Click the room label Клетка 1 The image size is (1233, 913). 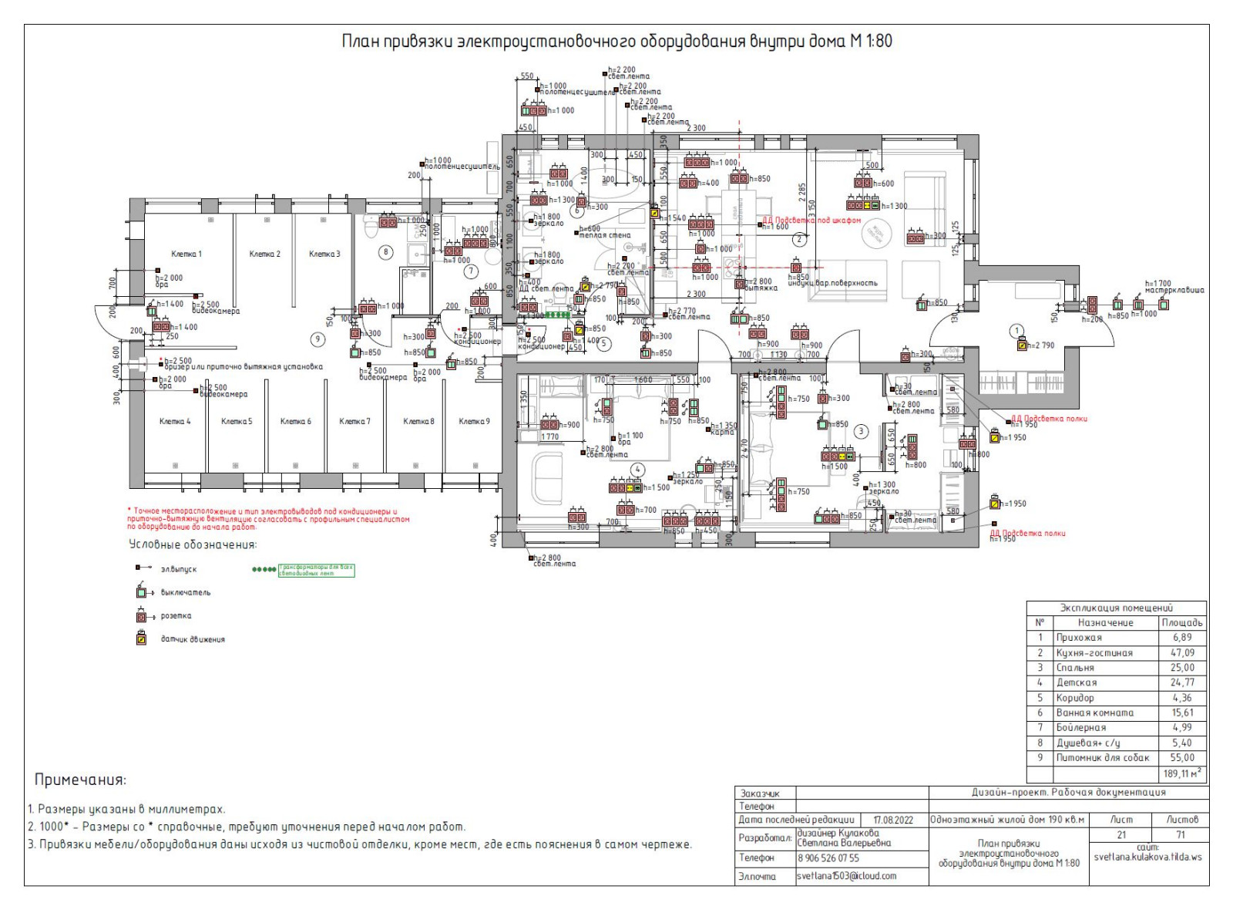pyautogui.click(x=186, y=254)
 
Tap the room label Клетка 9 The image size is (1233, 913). pyautogui.click(x=474, y=421)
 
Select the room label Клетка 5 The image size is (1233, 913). pyautogui.click(x=237, y=421)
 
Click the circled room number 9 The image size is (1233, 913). pyautogui.click(x=316, y=339)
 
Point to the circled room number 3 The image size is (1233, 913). pyautogui.click(x=862, y=432)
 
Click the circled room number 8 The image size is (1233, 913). pyautogui.click(x=386, y=251)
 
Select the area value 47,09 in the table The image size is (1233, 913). pyautogui.click(x=1182, y=652)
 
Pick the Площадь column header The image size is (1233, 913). pyautogui.click(x=1182, y=622)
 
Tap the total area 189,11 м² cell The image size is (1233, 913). pyautogui.click(x=1182, y=773)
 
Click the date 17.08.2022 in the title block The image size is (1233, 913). pyautogui.click(x=892, y=820)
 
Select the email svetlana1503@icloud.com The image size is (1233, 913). pyautogui.click(x=846, y=876)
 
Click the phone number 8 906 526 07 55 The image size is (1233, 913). pyautogui.click(x=828, y=857)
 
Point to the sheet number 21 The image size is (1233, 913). pyautogui.click(x=1121, y=834)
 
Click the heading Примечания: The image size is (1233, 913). pyautogui.click(x=80, y=780)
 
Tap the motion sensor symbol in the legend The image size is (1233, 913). pyautogui.click(x=141, y=638)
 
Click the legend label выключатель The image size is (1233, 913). pyautogui.click(x=186, y=592)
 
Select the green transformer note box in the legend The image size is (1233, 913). pyautogui.click(x=316, y=571)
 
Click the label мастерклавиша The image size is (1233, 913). pyautogui.click(x=1174, y=290)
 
